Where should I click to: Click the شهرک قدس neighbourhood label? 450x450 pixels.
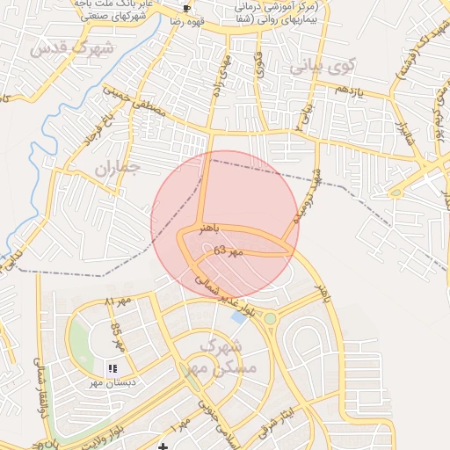click(x=71, y=47)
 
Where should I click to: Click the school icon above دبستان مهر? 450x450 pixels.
click(x=112, y=367)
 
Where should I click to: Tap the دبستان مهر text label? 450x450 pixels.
click(x=106, y=383)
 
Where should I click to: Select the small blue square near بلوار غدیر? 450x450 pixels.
click(x=238, y=316)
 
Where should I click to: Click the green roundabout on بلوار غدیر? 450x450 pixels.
click(x=271, y=318)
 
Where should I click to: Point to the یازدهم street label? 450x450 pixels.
click(x=349, y=91)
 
